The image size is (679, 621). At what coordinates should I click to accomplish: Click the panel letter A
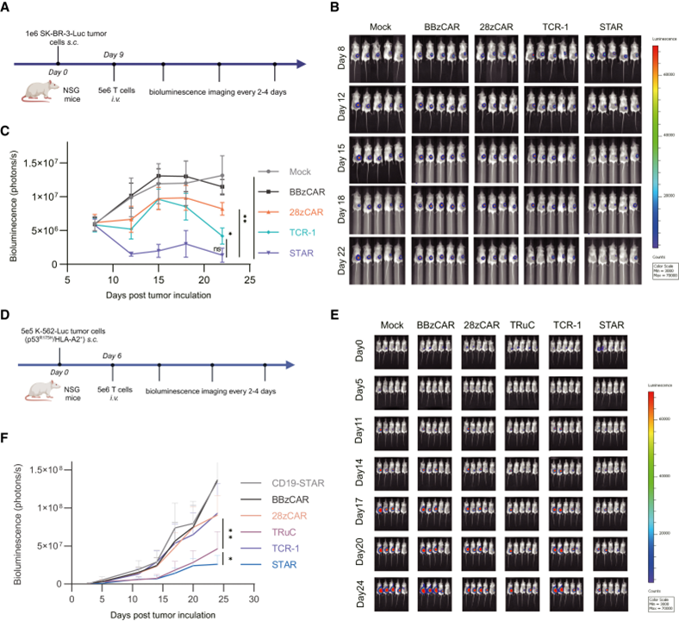point(7,9)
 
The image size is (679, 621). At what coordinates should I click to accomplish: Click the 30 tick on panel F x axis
point(253,597)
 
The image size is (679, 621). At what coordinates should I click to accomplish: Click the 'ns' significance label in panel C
point(218,248)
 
